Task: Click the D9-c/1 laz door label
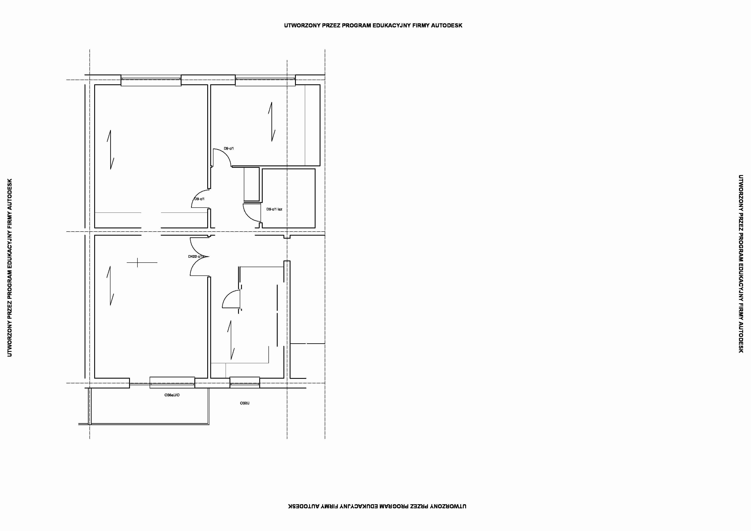pos(274,209)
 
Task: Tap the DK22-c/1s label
pos(196,257)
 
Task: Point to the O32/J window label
pos(245,403)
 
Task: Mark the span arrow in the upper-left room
pos(110,150)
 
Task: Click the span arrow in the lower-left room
pos(110,286)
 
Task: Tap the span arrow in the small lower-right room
pos(231,340)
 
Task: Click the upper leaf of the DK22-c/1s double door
pos(198,246)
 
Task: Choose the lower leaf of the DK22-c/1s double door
pos(198,268)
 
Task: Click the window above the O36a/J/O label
pos(172,382)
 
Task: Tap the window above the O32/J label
pos(245,382)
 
